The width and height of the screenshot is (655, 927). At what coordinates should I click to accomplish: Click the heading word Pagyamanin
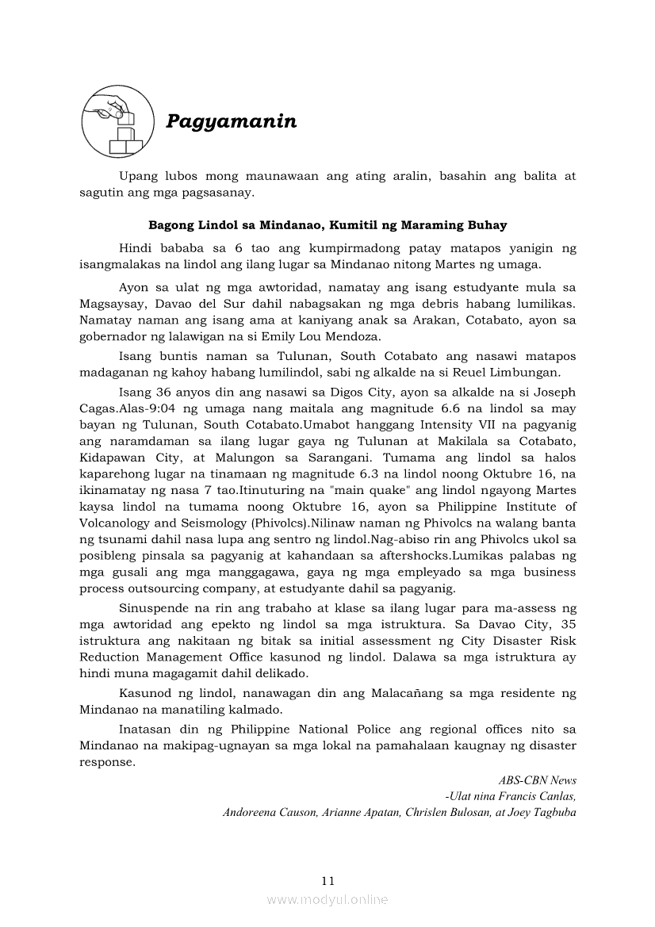click(x=231, y=121)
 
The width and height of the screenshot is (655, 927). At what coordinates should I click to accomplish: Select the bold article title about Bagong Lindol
click(x=327, y=225)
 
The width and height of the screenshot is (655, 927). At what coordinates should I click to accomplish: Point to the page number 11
click(x=328, y=880)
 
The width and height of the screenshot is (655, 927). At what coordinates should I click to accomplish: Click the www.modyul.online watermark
click(x=327, y=899)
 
